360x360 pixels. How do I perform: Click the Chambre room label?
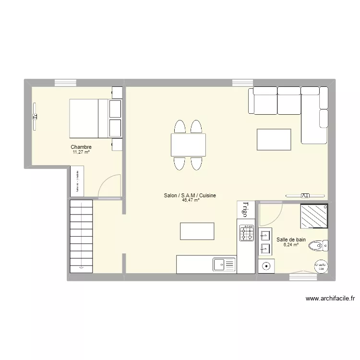pyautogui.click(x=81, y=147)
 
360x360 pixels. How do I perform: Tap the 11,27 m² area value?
pyautogui.click(x=81, y=152)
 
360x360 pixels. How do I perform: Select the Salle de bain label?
pyautogui.click(x=291, y=240)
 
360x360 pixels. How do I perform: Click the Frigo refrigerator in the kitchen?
pyautogui.click(x=245, y=210)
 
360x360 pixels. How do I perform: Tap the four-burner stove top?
pyautogui.click(x=247, y=233)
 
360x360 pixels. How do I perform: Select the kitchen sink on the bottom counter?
pyautogui.click(x=224, y=264)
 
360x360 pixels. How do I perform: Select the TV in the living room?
pyautogui.click(x=305, y=195)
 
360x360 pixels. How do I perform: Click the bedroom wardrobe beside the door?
pyautogui.click(x=77, y=180)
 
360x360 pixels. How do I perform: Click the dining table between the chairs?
pyautogui.click(x=188, y=145)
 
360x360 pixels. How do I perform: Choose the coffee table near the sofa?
pyautogui.click(x=274, y=140)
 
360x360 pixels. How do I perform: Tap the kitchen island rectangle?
pyautogui.click(x=197, y=231)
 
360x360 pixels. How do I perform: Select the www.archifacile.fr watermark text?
pyautogui.click(x=330, y=298)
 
